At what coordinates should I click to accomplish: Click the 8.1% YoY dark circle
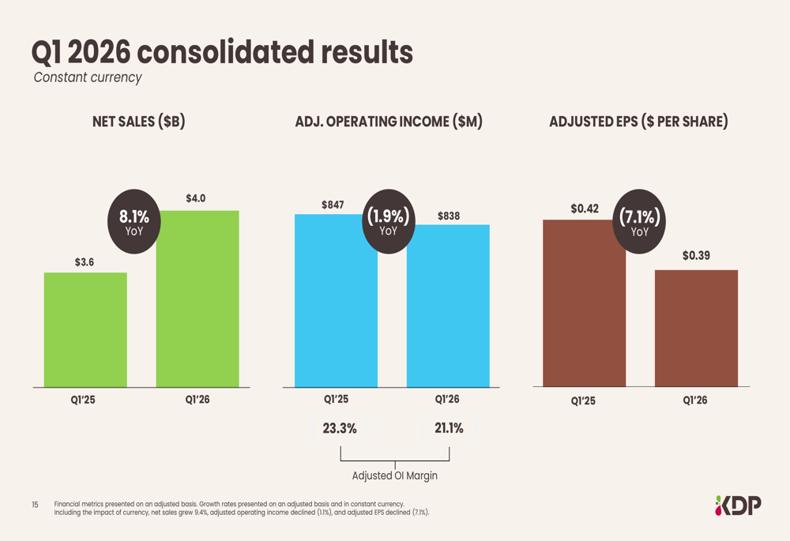pyautogui.click(x=134, y=221)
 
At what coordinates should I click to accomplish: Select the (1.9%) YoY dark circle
pyautogui.click(x=388, y=220)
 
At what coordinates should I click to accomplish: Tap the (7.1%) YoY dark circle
pyautogui.click(x=640, y=220)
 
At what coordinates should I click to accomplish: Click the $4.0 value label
pyautogui.click(x=196, y=198)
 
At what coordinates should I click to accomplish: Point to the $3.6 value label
pyautogui.click(x=85, y=261)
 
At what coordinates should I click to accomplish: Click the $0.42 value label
pyautogui.click(x=585, y=209)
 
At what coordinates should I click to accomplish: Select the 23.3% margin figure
pyautogui.click(x=340, y=429)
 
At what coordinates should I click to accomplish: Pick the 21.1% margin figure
pyautogui.click(x=449, y=429)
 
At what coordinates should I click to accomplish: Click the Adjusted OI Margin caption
pyautogui.click(x=394, y=476)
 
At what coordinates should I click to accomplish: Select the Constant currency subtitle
pyautogui.click(x=87, y=77)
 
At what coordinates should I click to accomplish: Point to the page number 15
pyautogui.click(x=35, y=505)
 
